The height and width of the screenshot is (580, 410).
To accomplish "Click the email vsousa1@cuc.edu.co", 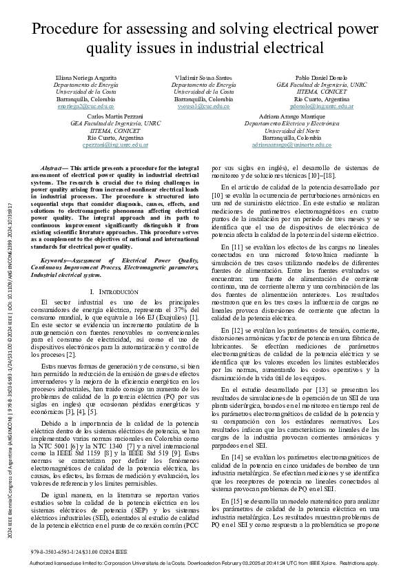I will pyautogui.click(x=203, y=107).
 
